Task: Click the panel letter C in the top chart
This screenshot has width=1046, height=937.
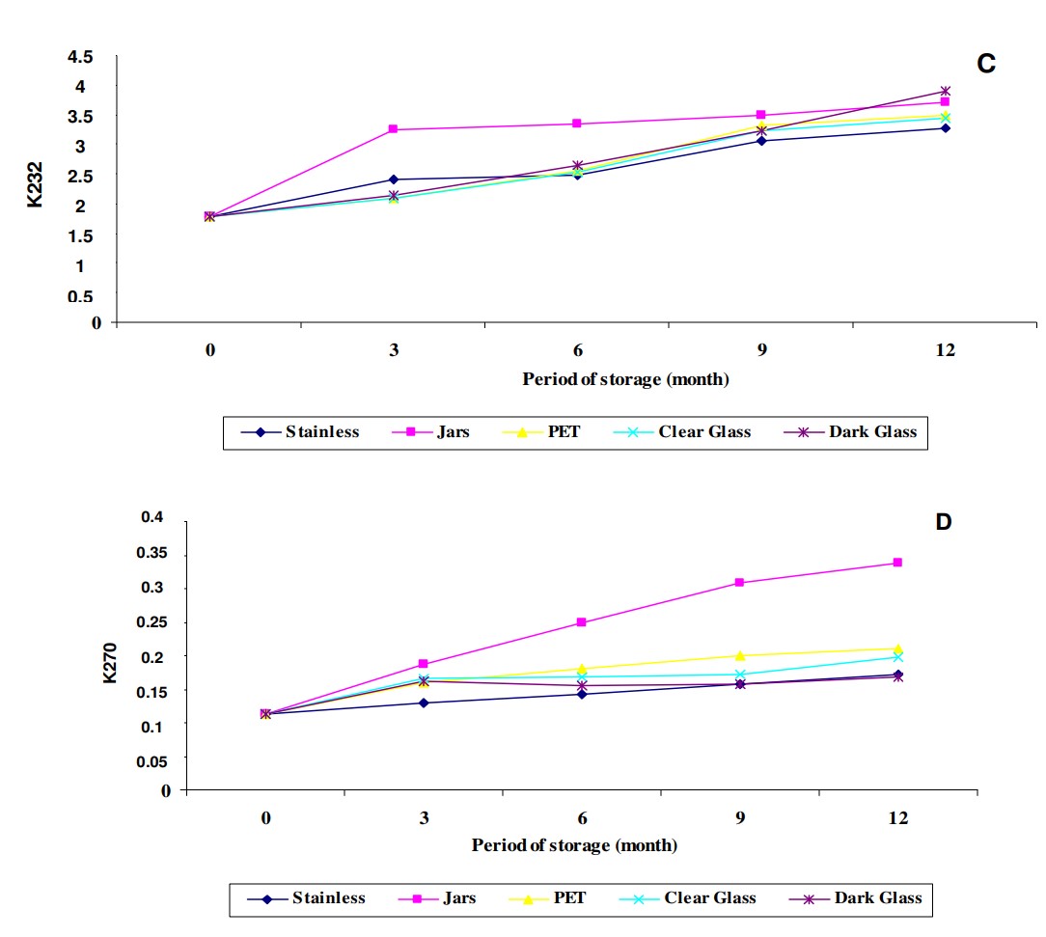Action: pyautogui.click(x=985, y=65)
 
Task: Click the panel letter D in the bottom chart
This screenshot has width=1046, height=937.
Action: pyautogui.click(x=944, y=522)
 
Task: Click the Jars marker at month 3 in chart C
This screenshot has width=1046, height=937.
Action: pyautogui.click(x=394, y=129)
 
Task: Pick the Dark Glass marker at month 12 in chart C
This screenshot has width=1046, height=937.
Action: pyautogui.click(x=946, y=92)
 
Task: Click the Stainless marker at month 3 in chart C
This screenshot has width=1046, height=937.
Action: pyautogui.click(x=394, y=179)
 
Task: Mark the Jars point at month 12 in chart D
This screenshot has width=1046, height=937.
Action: pyautogui.click(x=897, y=563)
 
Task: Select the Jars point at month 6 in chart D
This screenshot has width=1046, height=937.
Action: pyautogui.click(x=582, y=622)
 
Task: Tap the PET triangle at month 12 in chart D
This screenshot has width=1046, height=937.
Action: pyautogui.click(x=897, y=649)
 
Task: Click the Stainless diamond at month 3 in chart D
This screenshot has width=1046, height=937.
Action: pyautogui.click(x=424, y=703)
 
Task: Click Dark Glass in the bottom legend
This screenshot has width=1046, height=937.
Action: pyautogui.click(x=877, y=898)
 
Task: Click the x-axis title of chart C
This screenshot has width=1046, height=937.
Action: pyautogui.click(x=625, y=379)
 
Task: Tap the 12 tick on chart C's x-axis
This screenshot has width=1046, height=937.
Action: pyautogui.click(x=945, y=349)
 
